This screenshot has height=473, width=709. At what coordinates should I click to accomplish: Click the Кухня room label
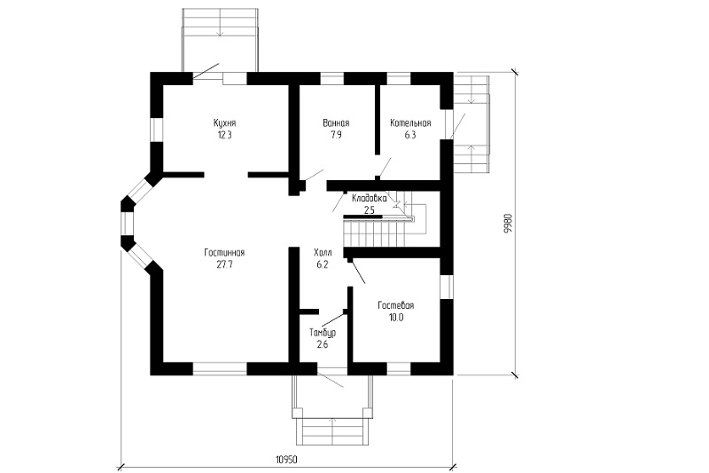coord(225,123)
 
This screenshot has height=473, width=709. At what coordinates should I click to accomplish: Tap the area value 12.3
coord(225,135)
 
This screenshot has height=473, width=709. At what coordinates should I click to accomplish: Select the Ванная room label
coord(336,123)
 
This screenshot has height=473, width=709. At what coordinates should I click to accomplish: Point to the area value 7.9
coord(336,135)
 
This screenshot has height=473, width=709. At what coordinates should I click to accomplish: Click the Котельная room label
coord(410,123)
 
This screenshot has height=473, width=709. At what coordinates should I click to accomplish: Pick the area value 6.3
coord(410,135)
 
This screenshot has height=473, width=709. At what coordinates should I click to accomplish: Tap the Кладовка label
coord(369,198)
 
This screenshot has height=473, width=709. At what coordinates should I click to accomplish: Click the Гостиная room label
coord(224,253)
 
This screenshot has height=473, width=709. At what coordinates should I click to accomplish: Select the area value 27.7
coord(224,264)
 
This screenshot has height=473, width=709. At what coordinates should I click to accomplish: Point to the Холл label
coord(323,253)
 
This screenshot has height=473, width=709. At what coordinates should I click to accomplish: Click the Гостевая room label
coord(396,305)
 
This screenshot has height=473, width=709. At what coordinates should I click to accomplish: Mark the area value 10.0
coord(396,318)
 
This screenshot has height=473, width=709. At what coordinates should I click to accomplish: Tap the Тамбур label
coord(323,333)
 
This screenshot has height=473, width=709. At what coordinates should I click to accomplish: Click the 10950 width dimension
coord(286,460)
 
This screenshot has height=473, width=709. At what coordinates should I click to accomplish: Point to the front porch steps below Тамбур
coord(333,432)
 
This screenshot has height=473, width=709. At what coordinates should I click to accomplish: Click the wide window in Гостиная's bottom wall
coord(220,369)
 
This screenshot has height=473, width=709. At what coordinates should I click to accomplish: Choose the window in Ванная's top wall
coord(332,78)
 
